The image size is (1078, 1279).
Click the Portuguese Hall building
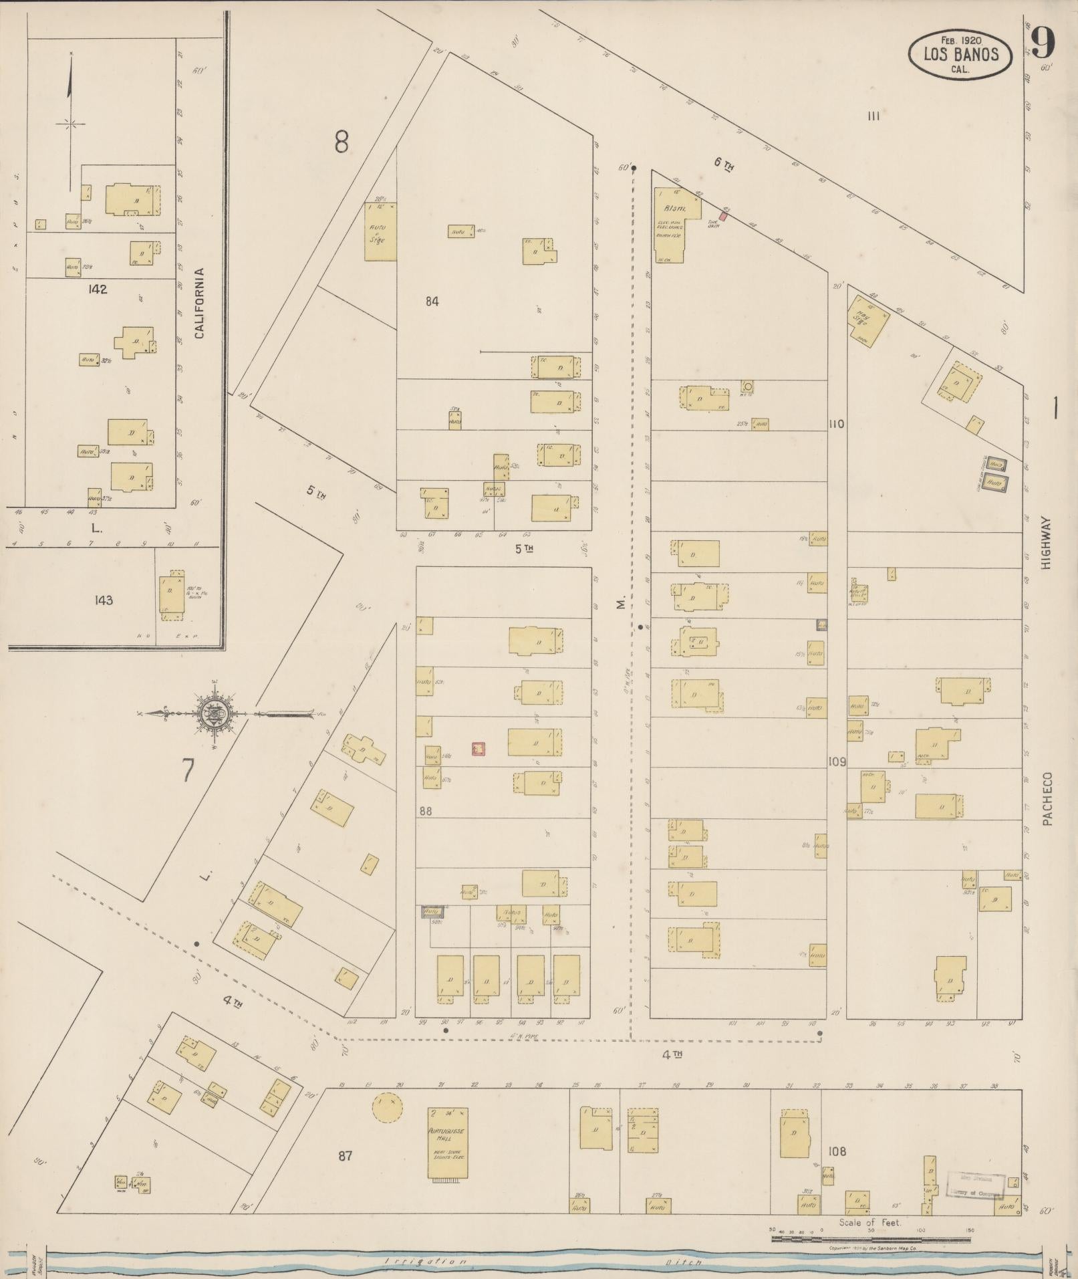coord(447,1143)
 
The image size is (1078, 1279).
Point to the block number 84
coord(432,302)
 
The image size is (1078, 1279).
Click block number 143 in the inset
coord(104,600)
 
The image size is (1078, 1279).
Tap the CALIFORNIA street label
coord(199,303)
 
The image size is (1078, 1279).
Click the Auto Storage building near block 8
coord(380,231)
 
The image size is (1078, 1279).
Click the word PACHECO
coord(1047,799)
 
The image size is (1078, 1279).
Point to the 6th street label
coord(722,164)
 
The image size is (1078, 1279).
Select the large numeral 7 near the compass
coord(188,772)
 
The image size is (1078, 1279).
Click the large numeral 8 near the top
coord(342,142)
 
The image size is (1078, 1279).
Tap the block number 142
coord(97,289)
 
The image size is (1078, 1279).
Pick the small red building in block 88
coord(478,749)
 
